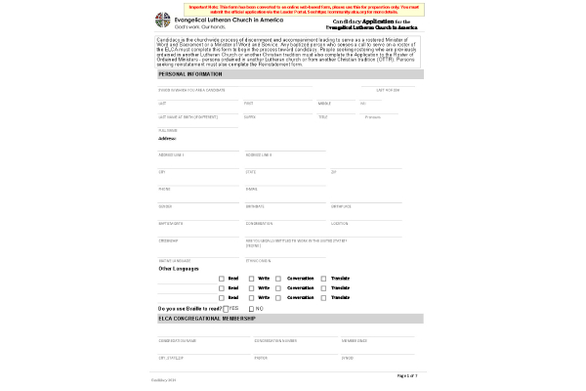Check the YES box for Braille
225,309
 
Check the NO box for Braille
252,309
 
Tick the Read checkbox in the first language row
222,279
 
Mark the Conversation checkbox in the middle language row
280,288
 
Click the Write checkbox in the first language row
251,279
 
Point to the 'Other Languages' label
180,268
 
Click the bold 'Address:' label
167,139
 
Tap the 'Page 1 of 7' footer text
408,375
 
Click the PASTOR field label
261,358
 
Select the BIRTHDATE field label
255,206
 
